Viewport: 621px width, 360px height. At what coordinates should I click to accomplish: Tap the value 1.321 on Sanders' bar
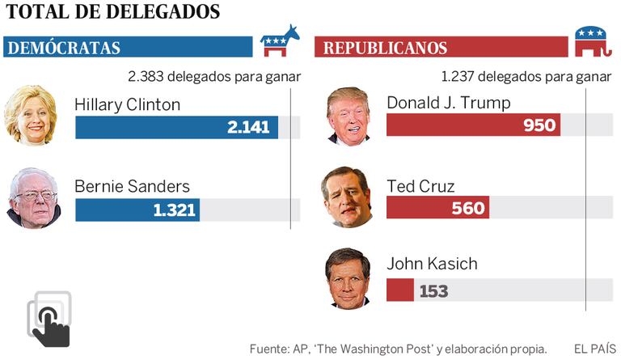point(174,210)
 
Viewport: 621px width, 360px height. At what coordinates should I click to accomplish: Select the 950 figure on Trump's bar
point(539,125)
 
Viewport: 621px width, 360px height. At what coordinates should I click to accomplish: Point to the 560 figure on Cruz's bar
point(467,208)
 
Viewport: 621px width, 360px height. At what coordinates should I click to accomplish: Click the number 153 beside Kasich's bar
point(433,290)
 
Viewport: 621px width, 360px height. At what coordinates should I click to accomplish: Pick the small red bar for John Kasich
point(399,290)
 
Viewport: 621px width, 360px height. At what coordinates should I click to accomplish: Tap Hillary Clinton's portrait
point(31,115)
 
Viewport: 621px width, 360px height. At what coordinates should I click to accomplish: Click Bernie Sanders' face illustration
point(33,198)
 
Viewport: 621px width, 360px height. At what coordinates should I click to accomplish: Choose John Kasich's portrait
point(348,278)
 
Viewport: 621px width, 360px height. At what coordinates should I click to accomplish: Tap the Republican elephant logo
point(591,43)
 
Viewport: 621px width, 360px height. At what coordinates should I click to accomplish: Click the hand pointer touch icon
point(49,320)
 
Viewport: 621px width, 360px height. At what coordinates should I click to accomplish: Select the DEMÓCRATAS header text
point(64,48)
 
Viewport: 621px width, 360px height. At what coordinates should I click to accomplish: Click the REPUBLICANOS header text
point(385,48)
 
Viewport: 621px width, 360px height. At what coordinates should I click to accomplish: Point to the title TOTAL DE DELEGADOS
point(112,12)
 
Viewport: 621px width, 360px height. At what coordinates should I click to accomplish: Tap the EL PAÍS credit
point(593,348)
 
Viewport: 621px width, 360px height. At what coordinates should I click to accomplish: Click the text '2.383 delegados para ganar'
point(214,77)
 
